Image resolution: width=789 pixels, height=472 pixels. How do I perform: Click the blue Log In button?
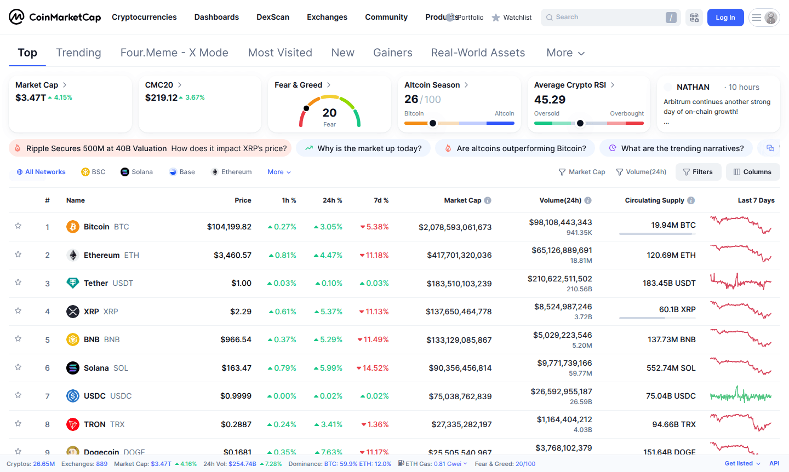click(x=725, y=18)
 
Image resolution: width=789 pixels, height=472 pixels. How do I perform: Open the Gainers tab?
click(x=392, y=53)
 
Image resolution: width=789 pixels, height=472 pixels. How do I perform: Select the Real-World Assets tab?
click(x=478, y=53)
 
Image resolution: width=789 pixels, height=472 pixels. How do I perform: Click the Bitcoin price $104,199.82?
click(x=229, y=227)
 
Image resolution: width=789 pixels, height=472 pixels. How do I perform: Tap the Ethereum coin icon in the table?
click(x=73, y=255)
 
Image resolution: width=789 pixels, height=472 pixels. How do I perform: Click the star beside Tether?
click(x=18, y=283)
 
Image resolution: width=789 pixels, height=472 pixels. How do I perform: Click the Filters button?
click(x=698, y=172)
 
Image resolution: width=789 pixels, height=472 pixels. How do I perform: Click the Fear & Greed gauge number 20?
click(x=329, y=113)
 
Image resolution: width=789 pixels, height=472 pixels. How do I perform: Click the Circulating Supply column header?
click(x=654, y=200)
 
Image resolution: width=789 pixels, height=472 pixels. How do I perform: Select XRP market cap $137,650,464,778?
click(x=459, y=312)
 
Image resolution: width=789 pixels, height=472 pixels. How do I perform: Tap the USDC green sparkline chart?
click(x=741, y=395)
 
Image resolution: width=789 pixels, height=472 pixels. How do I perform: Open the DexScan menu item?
click(x=273, y=17)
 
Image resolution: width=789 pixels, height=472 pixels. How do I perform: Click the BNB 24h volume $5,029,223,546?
click(x=562, y=335)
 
